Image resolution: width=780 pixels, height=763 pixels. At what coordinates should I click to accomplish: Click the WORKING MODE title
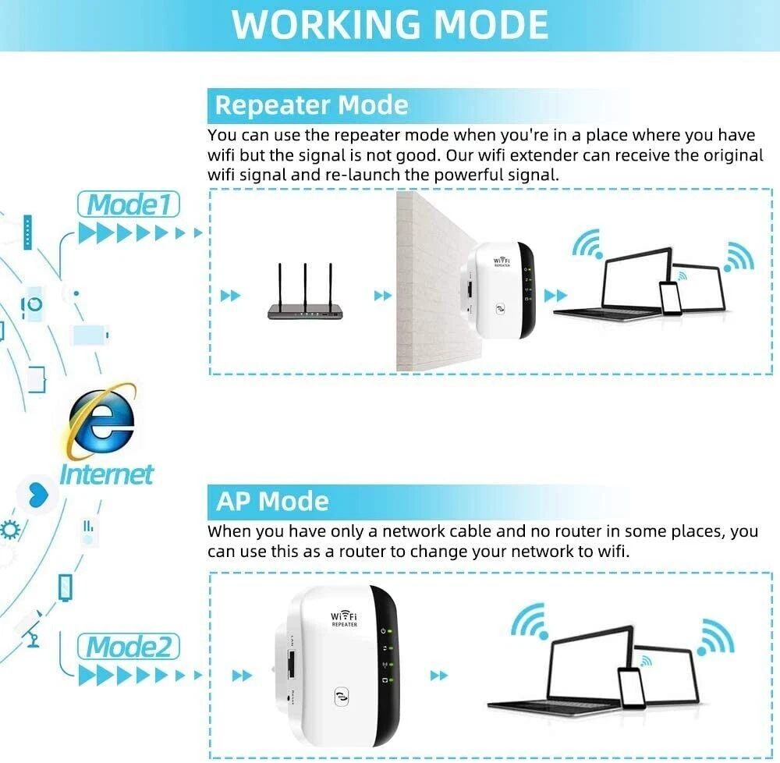pos(390,24)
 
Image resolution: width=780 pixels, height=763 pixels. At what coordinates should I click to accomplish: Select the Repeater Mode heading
pos(311,105)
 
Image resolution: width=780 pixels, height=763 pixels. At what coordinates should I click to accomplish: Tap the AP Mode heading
pos(272,501)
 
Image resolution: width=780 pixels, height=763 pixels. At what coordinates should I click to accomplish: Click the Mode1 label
pos(129,204)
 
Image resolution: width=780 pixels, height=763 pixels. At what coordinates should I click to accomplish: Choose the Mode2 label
pos(129,647)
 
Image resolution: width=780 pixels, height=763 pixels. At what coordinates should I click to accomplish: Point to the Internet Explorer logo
pos(101,421)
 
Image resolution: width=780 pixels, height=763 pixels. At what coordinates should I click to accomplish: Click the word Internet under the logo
pos(106,474)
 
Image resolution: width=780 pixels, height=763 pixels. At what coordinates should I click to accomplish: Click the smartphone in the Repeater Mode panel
pos(671,298)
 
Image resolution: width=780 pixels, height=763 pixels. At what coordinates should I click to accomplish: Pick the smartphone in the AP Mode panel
pos(631,688)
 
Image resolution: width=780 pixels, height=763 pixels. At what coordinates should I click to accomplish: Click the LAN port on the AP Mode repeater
pos(291,663)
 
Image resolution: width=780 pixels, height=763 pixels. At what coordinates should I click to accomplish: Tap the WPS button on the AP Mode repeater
pos(342,697)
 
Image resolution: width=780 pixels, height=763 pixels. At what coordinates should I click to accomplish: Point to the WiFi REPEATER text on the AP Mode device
pos(344,619)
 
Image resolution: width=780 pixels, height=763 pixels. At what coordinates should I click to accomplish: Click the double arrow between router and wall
pos(382,296)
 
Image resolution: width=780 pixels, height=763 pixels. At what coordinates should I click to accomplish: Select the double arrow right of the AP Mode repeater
pos(438,676)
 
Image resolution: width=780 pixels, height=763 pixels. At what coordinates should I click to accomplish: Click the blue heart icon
pos(38,495)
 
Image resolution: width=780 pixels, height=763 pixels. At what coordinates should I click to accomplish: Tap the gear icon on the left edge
pos(10,531)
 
